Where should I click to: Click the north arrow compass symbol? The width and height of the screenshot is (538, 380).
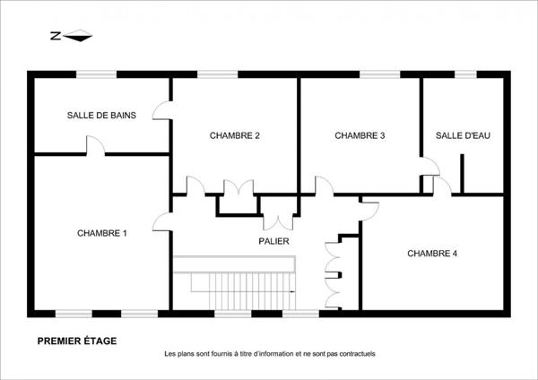(69, 36)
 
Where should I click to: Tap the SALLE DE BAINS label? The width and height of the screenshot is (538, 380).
(101, 115)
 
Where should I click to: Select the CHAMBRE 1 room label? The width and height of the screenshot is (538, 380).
(101, 233)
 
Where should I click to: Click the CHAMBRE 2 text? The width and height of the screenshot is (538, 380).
(235, 136)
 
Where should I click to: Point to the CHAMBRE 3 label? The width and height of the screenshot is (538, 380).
(360, 136)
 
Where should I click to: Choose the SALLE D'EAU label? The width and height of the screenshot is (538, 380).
(463, 136)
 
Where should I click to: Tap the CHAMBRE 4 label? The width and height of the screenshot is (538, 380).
(432, 254)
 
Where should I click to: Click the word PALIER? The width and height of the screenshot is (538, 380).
(273, 241)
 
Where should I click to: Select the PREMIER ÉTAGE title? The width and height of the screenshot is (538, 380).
(76, 341)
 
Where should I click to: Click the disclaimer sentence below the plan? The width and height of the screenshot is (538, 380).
(269, 354)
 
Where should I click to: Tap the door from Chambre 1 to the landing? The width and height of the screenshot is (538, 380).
(163, 222)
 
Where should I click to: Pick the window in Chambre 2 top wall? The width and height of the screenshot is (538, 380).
(210, 73)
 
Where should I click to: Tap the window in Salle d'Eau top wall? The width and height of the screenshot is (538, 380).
(466, 73)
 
